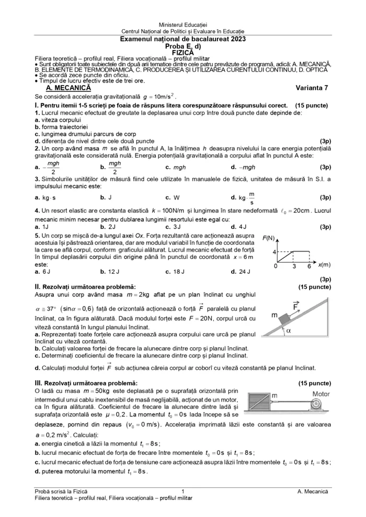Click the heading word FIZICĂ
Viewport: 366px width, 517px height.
click(x=183, y=52)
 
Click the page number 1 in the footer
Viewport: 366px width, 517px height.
click(x=183, y=491)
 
